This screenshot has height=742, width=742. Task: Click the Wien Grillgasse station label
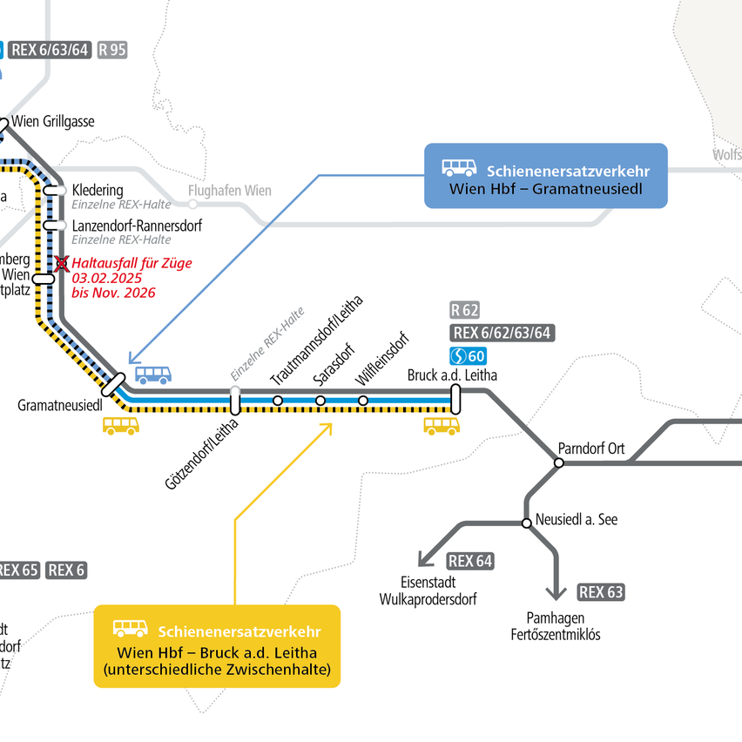(x=52, y=122)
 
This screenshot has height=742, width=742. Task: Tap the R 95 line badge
(x=112, y=50)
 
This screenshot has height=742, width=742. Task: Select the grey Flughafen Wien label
(x=230, y=192)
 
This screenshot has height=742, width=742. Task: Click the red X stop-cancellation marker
(x=61, y=263)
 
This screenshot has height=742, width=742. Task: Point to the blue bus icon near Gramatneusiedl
(x=153, y=375)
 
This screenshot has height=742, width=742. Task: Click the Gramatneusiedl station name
(x=60, y=406)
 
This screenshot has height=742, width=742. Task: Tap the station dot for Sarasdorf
(x=320, y=401)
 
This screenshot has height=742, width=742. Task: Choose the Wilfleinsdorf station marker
(x=363, y=401)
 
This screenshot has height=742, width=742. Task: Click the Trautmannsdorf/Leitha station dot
(x=278, y=401)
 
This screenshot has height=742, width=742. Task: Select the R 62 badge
(x=465, y=310)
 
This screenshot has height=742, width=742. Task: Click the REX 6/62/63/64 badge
(x=503, y=333)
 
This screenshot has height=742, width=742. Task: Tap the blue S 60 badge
(x=468, y=355)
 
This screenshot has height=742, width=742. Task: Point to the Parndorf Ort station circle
(x=559, y=462)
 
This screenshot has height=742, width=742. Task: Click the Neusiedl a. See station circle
(x=526, y=523)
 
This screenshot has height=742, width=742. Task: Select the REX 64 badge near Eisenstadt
(x=471, y=562)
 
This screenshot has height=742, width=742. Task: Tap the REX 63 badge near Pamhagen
(x=601, y=593)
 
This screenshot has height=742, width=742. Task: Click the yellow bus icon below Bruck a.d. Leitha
(x=442, y=425)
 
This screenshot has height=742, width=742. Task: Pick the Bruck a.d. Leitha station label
(x=452, y=376)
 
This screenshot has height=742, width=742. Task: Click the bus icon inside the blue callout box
(x=459, y=168)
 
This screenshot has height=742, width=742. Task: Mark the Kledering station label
(x=98, y=190)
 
